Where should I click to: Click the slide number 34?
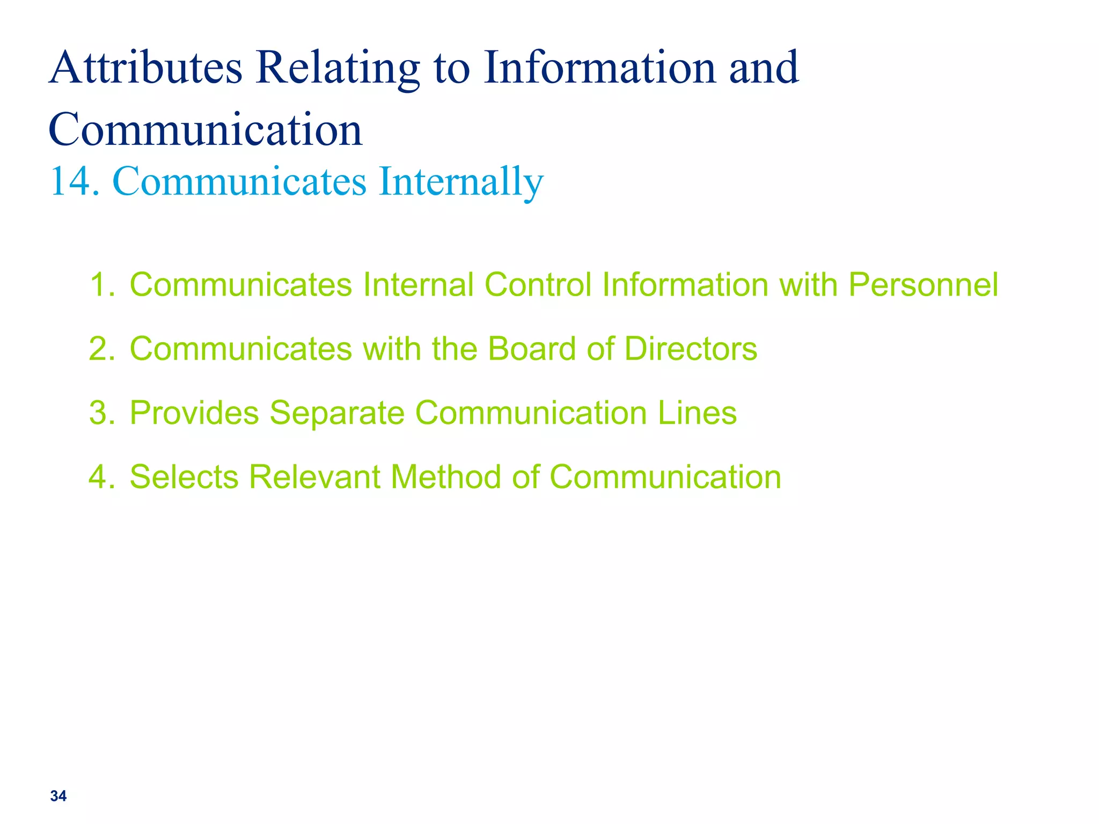(x=58, y=796)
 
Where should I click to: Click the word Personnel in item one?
(x=923, y=284)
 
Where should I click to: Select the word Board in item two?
(x=532, y=349)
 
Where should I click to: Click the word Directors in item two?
(x=691, y=349)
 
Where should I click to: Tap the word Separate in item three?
(x=336, y=413)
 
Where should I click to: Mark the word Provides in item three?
(x=194, y=413)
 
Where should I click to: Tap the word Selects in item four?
(x=184, y=477)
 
